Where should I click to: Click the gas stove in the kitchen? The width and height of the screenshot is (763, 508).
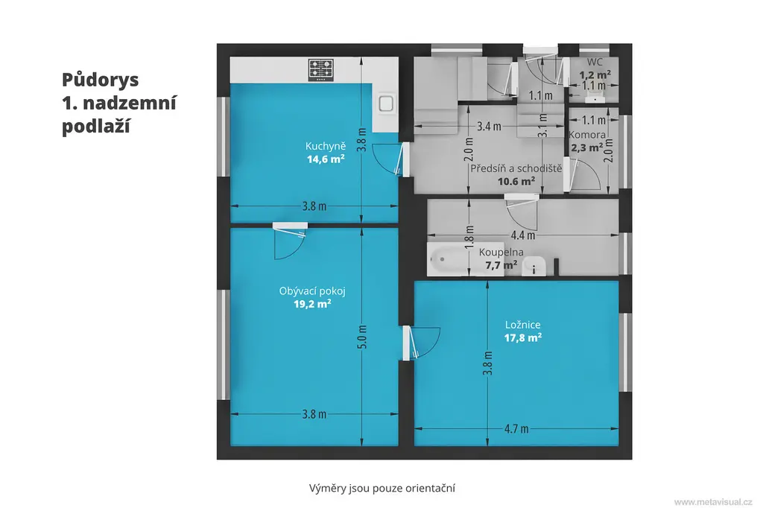tap(320, 69)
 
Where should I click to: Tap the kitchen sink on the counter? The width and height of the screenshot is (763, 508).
tap(386, 104)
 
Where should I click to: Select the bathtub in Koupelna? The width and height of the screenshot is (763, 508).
tap(449, 259)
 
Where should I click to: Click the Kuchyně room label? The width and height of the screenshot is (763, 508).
tap(326, 146)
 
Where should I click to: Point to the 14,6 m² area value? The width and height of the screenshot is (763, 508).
tap(326, 159)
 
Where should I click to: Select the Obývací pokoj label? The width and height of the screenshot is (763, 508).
tap(312, 291)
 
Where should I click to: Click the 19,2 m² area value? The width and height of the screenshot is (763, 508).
tap(312, 304)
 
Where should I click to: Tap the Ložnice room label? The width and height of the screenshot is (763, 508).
tap(522, 325)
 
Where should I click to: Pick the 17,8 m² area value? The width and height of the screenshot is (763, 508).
tap(522, 337)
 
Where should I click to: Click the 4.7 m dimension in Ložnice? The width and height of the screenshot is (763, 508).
tap(516, 429)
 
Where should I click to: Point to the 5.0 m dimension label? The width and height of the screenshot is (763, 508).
tap(362, 337)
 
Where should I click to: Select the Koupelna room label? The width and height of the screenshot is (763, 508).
tap(501, 252)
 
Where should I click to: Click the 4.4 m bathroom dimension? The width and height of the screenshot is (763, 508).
tap(523, 235)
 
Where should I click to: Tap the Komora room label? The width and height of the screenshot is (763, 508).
tap(587, 135)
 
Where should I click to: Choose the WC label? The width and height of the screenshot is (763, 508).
tap(595, 63)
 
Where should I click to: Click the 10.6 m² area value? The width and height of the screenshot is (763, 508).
tap(516, 182)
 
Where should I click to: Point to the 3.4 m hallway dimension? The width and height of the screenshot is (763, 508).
tap(489, 127)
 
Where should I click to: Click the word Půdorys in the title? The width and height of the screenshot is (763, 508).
tap(101, 80)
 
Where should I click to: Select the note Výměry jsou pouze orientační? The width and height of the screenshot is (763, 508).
tap(382, 488)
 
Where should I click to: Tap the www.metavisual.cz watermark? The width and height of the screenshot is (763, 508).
tap(713, 502)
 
